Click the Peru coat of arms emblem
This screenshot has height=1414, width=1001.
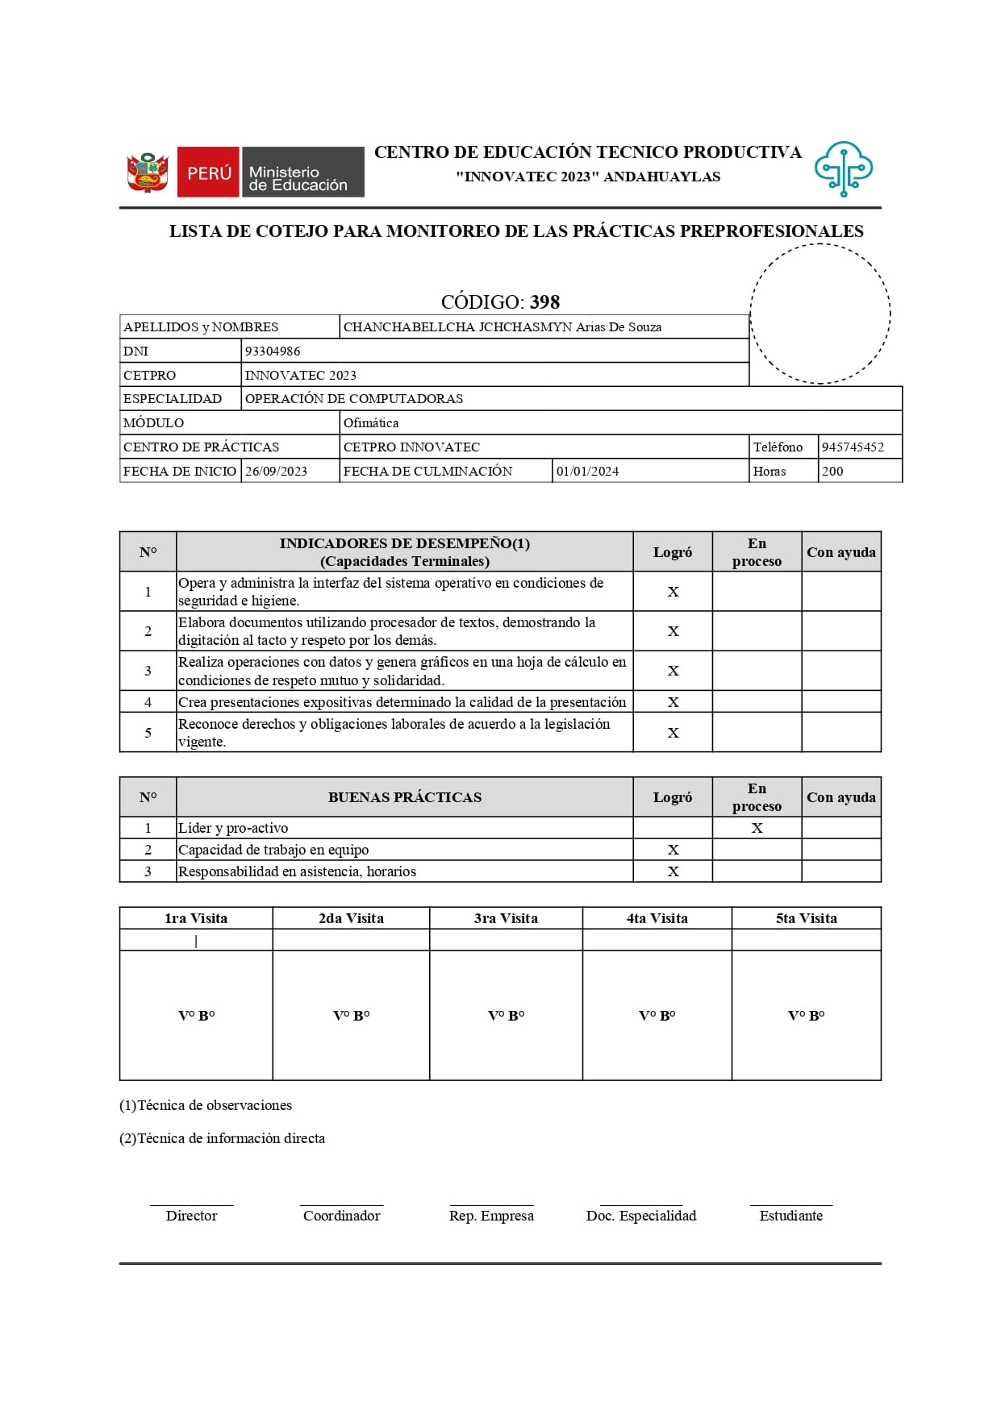click(147, 172)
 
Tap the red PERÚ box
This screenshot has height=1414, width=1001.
click(208, 172)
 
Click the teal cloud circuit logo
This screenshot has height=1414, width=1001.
click(843, 168)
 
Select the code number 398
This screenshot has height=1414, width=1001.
click(544, 302)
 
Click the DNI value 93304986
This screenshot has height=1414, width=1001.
click(273, 351)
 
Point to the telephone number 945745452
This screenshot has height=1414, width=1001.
click(853, 447)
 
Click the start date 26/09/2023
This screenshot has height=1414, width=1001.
click(276, 471)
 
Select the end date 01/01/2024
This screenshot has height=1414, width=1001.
click(587, 471)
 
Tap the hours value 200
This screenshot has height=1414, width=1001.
click(832, 471)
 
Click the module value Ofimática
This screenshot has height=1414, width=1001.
click(370, 422)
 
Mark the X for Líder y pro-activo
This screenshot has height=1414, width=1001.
click(757, 828)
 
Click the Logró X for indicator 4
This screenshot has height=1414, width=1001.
click(673, 702)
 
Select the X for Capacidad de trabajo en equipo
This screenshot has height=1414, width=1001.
click(673, 850)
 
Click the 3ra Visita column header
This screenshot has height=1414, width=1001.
click(506, 918)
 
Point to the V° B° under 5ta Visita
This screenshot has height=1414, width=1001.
click(806, 1016)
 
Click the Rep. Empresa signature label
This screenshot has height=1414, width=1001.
click(491, 1216)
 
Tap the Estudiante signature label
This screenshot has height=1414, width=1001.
click(790, 1216)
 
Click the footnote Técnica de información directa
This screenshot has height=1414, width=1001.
click(223, 1138)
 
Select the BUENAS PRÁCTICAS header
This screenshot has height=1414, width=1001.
click(404, 797)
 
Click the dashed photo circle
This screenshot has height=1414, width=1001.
click(820, 314)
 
